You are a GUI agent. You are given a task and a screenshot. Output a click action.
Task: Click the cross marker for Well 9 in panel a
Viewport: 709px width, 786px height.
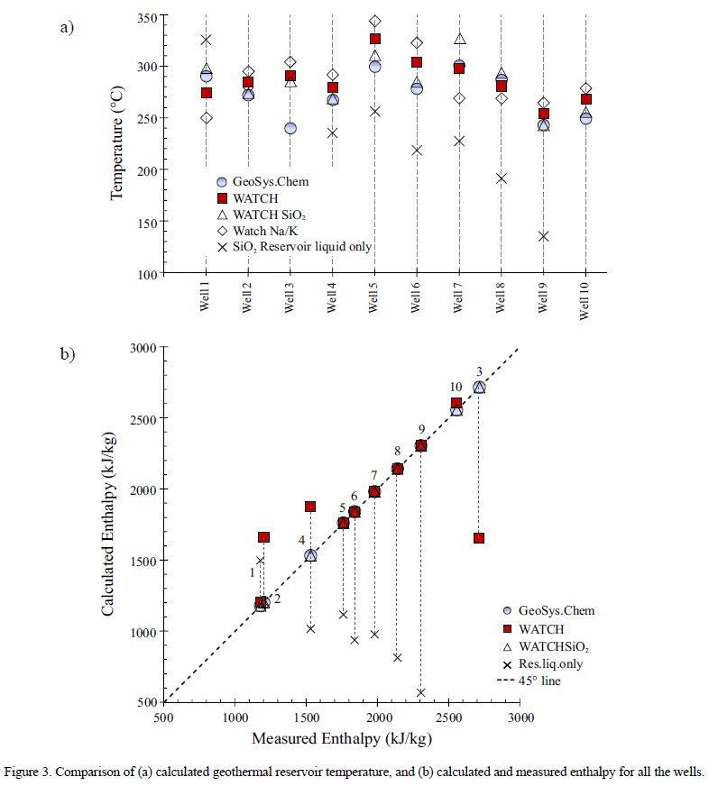(543, 236)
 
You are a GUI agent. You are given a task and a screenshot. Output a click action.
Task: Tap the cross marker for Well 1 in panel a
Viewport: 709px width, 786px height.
(207, 41)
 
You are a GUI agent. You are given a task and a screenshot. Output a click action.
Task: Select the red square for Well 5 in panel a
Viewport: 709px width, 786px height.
(374, 39)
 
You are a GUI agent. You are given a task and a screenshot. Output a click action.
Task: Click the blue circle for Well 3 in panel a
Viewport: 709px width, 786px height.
(290, 128)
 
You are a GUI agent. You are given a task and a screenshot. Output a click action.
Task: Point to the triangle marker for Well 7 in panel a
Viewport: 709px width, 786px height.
(459, 39)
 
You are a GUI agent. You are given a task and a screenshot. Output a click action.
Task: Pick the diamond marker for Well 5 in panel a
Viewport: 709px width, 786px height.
(374, 21)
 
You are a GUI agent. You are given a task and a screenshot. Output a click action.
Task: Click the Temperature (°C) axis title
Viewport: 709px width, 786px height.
(117, 145)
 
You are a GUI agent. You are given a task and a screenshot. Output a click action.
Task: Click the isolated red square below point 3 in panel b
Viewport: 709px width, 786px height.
(479, 538)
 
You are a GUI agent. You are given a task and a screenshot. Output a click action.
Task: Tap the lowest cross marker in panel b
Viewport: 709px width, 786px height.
(421, 692)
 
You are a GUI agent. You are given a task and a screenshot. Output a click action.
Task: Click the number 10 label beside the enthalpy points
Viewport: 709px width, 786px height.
(456, 388)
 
